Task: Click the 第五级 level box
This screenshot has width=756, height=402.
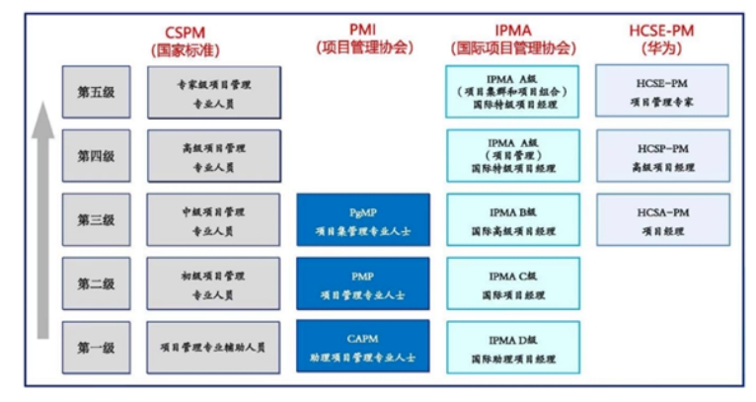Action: [x=96, y=93]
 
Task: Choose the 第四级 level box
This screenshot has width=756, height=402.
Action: [x=96, y=156]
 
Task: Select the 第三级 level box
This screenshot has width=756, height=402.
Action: [x=96, y=219]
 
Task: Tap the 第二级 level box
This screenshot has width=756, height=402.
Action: [x=96, y=283]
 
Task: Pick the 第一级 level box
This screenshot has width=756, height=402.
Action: [x=96, y=347]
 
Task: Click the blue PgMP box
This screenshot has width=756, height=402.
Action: [x=363, y=219]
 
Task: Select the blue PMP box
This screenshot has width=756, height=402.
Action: [x=363, y=283]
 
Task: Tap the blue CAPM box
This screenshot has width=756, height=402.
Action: [x=363, y=347]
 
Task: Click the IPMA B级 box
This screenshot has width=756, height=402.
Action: [x=512, y=219]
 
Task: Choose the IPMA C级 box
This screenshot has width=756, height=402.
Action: [x=512, y=283]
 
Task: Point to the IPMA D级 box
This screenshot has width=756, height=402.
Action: [x=512, y=347]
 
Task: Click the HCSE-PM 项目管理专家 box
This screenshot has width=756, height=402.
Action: [x=662, y=92]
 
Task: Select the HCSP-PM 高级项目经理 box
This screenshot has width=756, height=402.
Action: [x=662, y=156]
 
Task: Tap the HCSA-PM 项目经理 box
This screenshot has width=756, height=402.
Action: [x=662, y=219]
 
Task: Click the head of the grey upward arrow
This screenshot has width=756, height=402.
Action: [x=40, y=120]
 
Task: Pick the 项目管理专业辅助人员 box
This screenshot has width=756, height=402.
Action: [x=213, y=347]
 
